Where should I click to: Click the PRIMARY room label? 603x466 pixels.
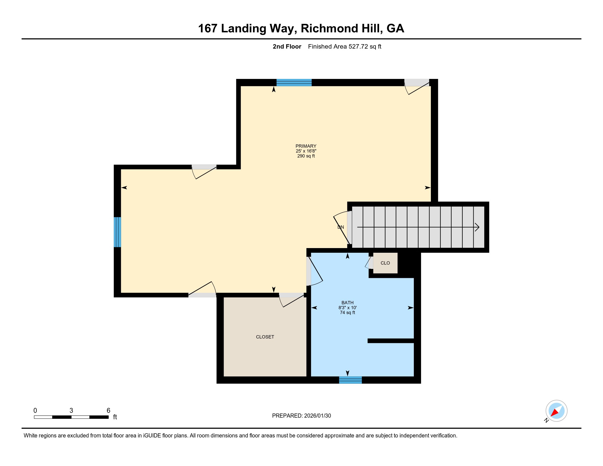point(306,146)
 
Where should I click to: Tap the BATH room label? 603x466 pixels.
point(347,303)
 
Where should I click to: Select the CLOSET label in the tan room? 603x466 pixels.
point(265,337)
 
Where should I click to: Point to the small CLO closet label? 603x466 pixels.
point(385,263)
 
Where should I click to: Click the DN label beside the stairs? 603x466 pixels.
point(341,227)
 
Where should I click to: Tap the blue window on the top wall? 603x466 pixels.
point(294,83)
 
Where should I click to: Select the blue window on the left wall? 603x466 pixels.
point(117,232)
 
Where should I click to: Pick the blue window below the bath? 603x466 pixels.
point(350,380)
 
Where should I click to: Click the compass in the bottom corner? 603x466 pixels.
point(556,411)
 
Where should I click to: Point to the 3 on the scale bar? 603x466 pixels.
point(71,411)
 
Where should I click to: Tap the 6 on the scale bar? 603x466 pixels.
point(109,411)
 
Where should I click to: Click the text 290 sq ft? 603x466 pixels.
point(306,156)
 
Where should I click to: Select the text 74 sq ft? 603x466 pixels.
point(347,312)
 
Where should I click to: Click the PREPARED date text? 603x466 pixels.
point(301,416)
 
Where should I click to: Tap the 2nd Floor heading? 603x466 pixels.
point(287,47)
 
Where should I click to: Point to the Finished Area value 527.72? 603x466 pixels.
point(358,47)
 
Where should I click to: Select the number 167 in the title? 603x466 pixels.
point(208,29)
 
